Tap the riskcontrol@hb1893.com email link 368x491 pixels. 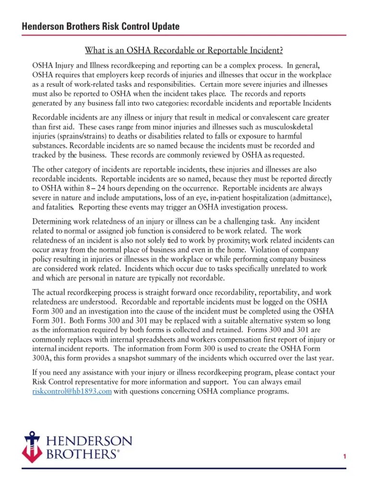click(72, 391)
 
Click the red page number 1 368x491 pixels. click(345, 457)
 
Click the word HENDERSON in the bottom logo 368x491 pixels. click(89, 441)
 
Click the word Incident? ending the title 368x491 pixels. click(265, 50)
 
